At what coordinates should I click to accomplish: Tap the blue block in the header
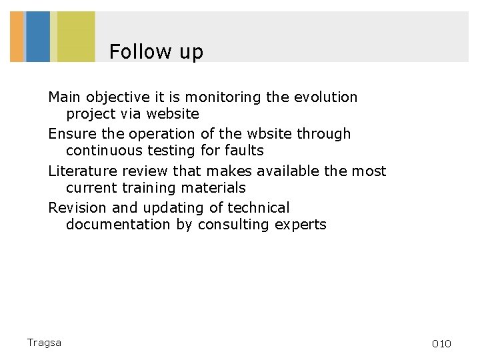[x=38, y=37]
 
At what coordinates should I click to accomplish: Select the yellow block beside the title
[x=75, y=37]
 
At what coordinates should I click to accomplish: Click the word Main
[x=64, y=97]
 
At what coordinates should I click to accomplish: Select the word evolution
[x=325, y=97]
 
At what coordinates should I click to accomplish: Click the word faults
[x=243, y=151]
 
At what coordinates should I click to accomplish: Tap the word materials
[x=213, y=188]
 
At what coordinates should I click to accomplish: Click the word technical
[x=257, y=208]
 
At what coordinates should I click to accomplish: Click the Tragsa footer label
[x=44, y=343]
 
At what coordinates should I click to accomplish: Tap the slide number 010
[x=441, y=344]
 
